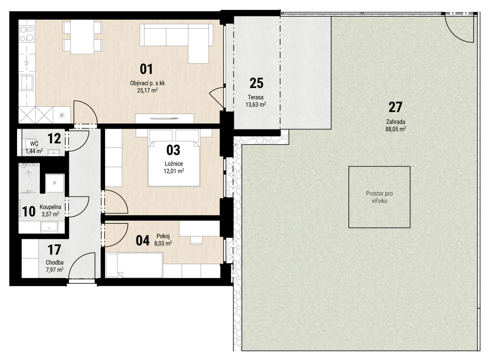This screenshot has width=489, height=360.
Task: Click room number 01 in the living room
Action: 146,69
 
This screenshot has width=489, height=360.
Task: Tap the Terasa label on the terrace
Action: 256,97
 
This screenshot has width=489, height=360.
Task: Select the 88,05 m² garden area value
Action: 396,129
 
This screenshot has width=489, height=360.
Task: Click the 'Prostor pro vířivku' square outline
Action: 379,167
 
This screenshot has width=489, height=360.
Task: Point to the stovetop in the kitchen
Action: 26,34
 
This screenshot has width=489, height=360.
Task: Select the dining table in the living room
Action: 82,37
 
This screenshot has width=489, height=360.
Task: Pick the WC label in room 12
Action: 34,144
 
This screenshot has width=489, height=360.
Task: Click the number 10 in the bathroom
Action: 29,211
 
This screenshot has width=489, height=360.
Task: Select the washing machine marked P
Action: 55,183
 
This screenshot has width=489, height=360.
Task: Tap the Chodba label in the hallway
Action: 55,263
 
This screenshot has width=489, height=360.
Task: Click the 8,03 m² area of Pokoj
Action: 163,243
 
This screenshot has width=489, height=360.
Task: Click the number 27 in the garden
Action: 395,107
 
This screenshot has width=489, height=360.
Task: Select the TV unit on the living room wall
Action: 164,119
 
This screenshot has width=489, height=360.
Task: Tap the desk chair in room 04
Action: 196,240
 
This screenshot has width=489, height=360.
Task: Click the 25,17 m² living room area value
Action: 148,90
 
